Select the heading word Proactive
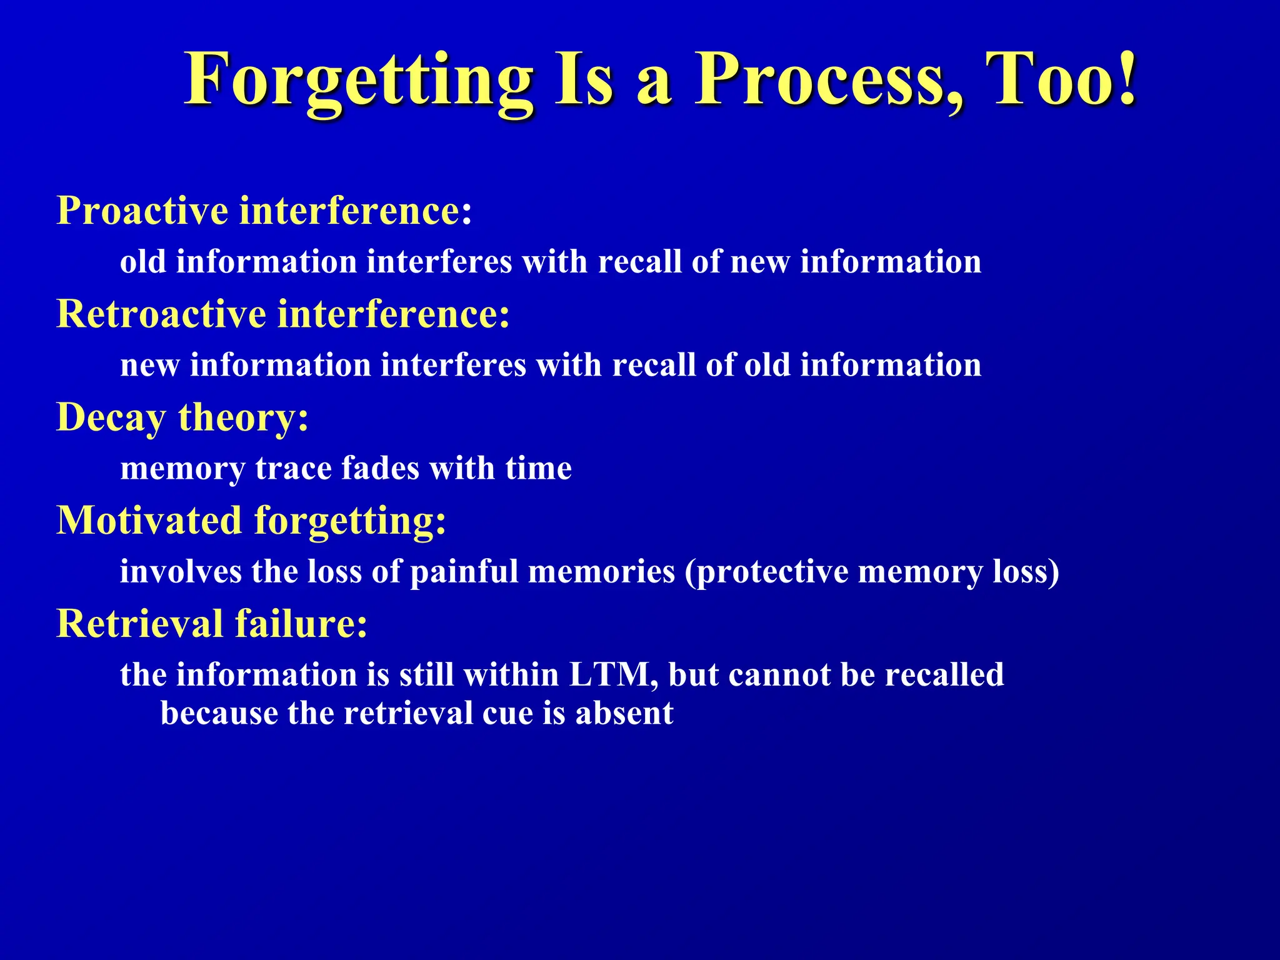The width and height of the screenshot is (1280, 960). (x=142, y=211)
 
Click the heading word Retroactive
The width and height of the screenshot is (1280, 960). (x=161, y=314)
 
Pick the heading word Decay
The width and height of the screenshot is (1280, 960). (x=111, y=417)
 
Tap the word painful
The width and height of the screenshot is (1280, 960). (x=464, y=572)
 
